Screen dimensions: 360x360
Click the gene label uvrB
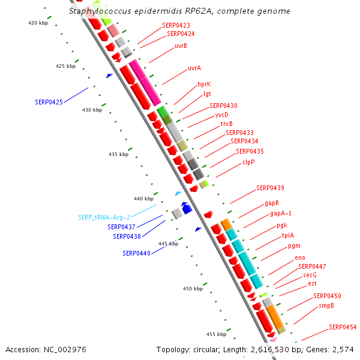tap(181, 46)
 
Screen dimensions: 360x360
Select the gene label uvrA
tap(194, 68)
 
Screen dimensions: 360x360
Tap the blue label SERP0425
tap(49, 103)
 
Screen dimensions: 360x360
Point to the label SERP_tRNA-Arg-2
tap(104, 217)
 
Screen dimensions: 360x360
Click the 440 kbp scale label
tap(143, 199)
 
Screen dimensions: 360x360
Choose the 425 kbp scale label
tap(66, 66)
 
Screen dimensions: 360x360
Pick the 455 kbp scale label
tap(216, 334)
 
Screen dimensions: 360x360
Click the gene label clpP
tap(248, 162)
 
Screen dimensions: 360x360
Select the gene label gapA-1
tap(281, 213)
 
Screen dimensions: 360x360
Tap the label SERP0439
tap(270, 188)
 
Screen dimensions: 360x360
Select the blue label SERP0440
tap(136, 253)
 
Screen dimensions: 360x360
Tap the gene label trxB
tap(226, 124)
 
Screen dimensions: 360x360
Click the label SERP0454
tap(343, 328)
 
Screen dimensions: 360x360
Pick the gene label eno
tap(299, 258)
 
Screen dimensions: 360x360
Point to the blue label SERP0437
tap(121, 227)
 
